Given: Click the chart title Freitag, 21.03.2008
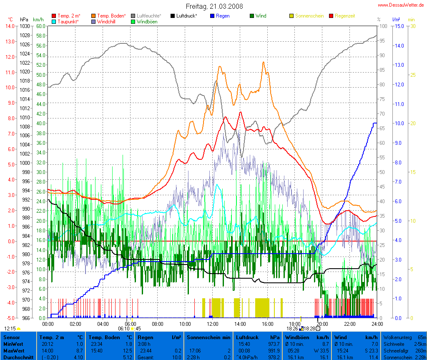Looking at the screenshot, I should point(214,6).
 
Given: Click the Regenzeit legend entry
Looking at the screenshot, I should point(344,16).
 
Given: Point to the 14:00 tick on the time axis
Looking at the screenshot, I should point(239,324).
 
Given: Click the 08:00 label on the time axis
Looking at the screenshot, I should point(157,324).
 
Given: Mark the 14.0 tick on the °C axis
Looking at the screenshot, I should point(9,26).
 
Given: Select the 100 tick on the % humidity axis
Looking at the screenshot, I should point(379,26).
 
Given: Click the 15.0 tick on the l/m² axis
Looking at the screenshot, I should point(398,26).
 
